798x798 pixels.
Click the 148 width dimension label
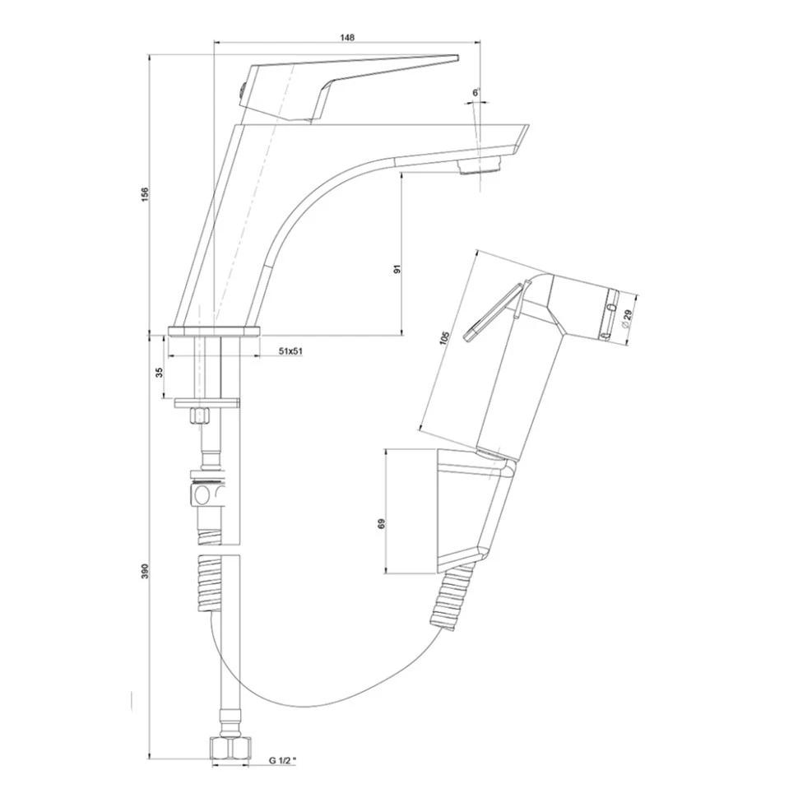348,37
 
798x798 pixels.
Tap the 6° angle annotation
476,93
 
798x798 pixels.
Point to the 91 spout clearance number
398,268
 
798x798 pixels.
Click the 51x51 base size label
291,351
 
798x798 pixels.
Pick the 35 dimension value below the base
160,372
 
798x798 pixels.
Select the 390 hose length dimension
145,571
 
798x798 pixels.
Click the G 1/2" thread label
282,761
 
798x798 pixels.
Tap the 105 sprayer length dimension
444,338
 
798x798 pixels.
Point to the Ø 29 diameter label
627,318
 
